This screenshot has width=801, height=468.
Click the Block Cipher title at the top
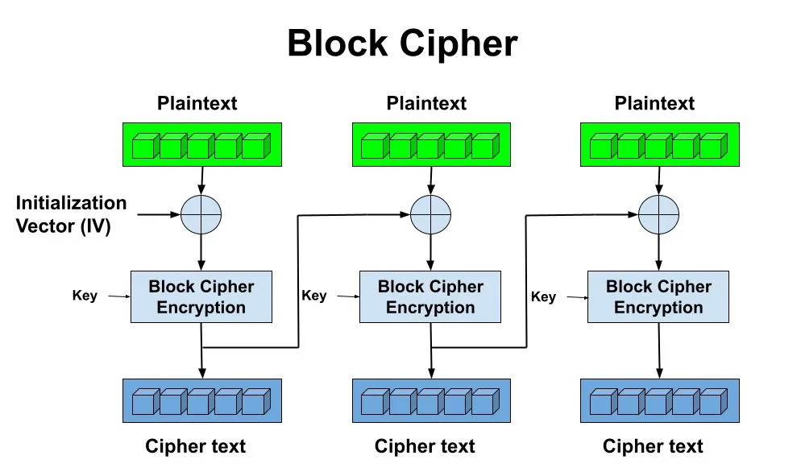click(x=401, y=43)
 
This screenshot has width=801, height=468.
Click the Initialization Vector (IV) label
click(x=71, y=214)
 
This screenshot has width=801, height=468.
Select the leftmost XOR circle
click(x=201, y=214)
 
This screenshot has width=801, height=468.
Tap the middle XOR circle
click(x=430, y=214)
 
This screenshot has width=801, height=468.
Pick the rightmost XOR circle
click(x=658, y=214)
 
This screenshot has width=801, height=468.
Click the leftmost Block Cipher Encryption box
click(x=201, y=297)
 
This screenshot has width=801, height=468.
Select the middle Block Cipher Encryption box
click(x=430, y=297)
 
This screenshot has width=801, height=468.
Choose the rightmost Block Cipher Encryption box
click(x=658, y=297)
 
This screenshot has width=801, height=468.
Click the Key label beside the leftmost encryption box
click(x=85, y=295)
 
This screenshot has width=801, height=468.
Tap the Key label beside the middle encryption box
click(x=313, y=296)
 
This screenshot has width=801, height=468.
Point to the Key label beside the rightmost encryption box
click(x=543, y=296)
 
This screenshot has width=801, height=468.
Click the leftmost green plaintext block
click(x=201, y=145)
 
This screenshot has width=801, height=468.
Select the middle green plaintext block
click(x=431, y=145)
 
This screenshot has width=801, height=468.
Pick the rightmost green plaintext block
click(x=659, y=145)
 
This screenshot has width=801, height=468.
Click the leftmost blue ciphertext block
click(x=201, y=400)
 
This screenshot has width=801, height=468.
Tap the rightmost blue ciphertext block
click(x=659, y=400)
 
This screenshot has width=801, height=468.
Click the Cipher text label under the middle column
click(x=425, y=445)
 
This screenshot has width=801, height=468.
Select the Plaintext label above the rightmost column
click(x=654, y=103)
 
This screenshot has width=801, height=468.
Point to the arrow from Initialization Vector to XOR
click(x=158, y=214)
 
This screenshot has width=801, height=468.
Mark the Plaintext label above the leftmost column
click(x=197, y=103)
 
